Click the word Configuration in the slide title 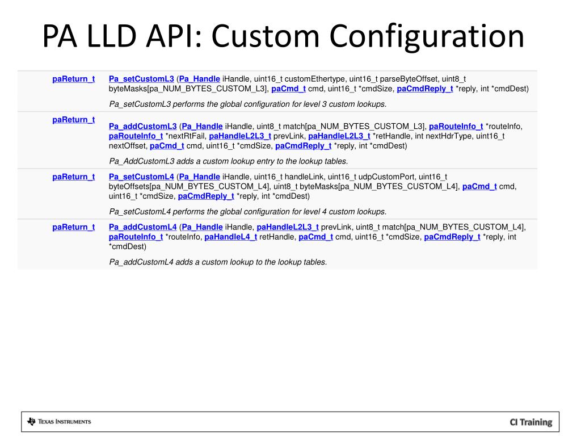point(427,36)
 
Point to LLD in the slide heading point(112,36)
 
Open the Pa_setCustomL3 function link point(141,79)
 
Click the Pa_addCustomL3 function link point(142,126)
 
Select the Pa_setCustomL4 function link point(141,177)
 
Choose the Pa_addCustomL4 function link point(142,227)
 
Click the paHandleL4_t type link point(230,237)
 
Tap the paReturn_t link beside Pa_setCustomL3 point(73,79)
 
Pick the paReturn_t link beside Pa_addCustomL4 point(73,227)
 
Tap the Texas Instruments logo point(59,421)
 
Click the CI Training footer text point(530,422)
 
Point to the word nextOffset point(128,146)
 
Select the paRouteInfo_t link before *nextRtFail point(136,136)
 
